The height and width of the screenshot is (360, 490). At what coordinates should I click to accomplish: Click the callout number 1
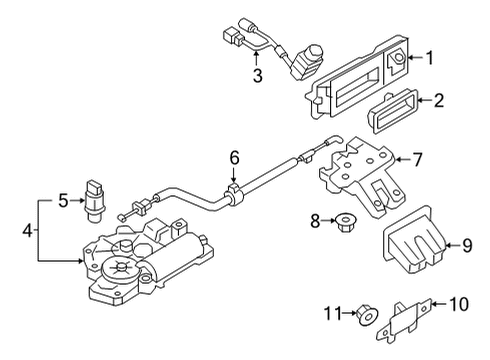[430, 58]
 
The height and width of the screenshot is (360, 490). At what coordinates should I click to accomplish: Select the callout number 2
[439, 100]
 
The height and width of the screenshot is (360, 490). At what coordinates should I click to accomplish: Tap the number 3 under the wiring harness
[258, 75]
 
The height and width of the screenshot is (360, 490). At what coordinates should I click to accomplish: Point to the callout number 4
[28, 230]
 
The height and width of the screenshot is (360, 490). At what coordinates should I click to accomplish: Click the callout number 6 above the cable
[234, 158]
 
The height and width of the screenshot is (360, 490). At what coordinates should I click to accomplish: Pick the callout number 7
[417, 159]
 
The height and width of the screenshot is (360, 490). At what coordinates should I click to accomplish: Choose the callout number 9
[467, 246]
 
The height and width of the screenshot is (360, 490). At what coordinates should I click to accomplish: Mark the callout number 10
[459, 304]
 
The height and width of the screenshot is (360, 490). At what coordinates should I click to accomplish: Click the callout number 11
[333, 313]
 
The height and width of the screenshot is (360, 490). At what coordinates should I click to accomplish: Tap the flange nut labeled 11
[367, 315]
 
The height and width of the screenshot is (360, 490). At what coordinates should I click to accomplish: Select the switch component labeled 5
[95, 201]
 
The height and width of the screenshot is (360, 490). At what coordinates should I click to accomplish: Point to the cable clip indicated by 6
[234, 194]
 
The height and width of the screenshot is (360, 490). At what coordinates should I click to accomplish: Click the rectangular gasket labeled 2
[393, 111]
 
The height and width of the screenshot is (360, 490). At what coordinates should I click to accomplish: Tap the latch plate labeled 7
[363, 177]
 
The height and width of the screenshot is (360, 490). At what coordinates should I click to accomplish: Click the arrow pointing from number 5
[77, 200]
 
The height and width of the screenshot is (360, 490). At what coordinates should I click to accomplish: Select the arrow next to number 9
[453, 246]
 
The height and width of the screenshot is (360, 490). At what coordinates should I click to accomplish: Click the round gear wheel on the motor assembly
[121, 269]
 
